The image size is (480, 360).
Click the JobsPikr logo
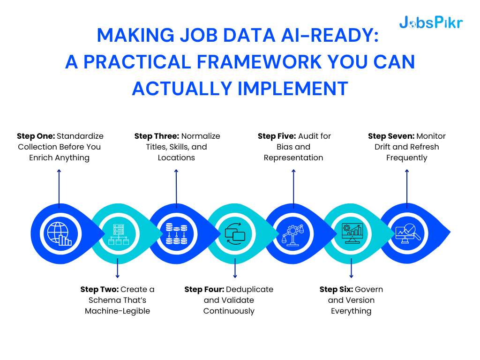click(x=431, y=22)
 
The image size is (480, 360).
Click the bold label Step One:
click(x=36, y=136)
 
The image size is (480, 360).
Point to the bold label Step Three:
click(x=157, y=136)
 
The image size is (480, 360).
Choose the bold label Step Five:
click(x=277, y=136)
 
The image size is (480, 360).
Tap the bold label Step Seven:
click(x=390, y=136)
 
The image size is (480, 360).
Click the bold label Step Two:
click(x=99, y=289)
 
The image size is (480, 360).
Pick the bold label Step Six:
click(x=336, y=289)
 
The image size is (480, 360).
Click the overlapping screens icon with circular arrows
click(x=235, y=233)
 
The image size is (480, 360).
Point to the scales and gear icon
click(x=293, y=233)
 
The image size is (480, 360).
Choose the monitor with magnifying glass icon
click(x=407, y=233)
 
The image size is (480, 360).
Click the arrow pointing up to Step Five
click(x=293, y=187)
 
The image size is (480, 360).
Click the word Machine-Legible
click(x=118, y=311)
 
